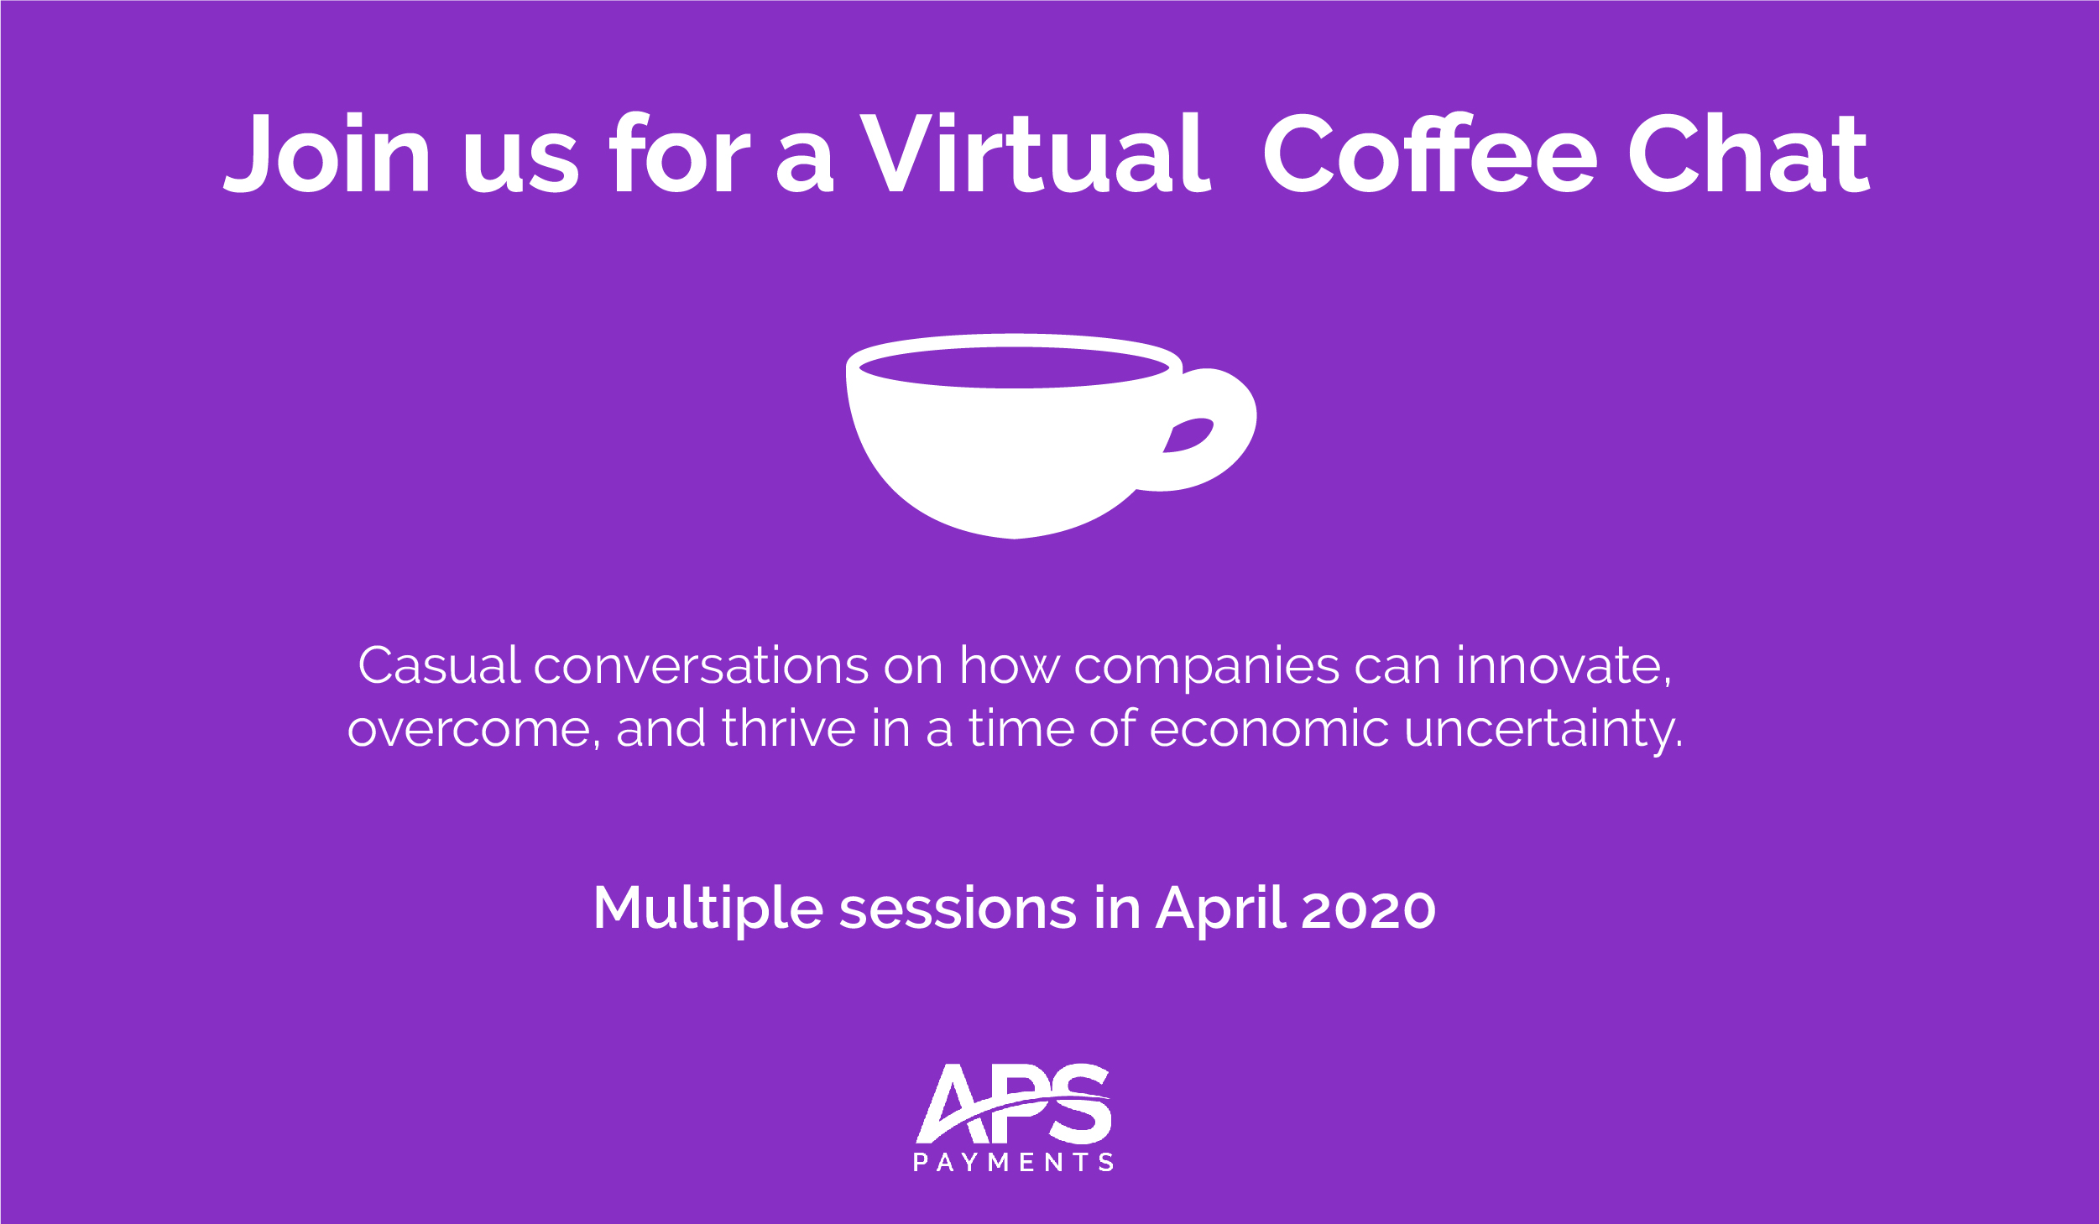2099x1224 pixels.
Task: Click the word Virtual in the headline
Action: [x=1035, y=153]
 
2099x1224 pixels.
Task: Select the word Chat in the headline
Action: [x=1749, y=153]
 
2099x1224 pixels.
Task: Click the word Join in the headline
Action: [x=326, y=153]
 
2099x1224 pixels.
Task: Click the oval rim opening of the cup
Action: [x=1014, y=367]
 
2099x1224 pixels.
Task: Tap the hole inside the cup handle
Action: [x=1188, y=435]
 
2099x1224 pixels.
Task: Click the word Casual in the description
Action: [x=440, y=666]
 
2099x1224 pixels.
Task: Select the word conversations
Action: [x=701, y=666]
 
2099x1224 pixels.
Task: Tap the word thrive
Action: [x=789, y=728]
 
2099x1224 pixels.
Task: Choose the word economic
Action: [x=1270, y=728]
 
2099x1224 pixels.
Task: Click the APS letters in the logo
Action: [x=1013, y=1103]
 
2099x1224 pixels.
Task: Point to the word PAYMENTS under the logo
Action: [x=1013, y=1162]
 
